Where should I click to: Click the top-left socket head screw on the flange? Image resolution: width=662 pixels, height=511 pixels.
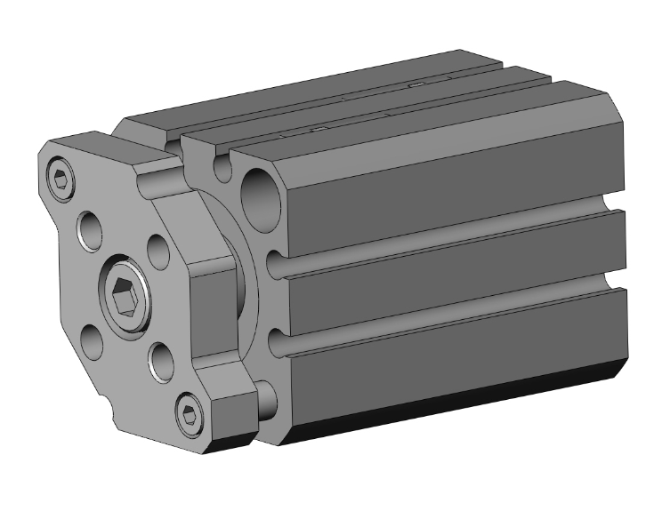(x=61, y=180)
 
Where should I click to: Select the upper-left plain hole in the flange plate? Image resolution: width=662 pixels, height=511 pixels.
(x=88, y=230)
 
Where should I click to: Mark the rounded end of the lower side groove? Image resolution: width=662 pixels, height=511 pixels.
(x=278, y=341)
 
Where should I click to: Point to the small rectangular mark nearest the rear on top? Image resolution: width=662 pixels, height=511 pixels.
(x=416, y=85)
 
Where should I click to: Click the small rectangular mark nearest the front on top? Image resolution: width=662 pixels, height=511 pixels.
(x=312, y=131)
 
